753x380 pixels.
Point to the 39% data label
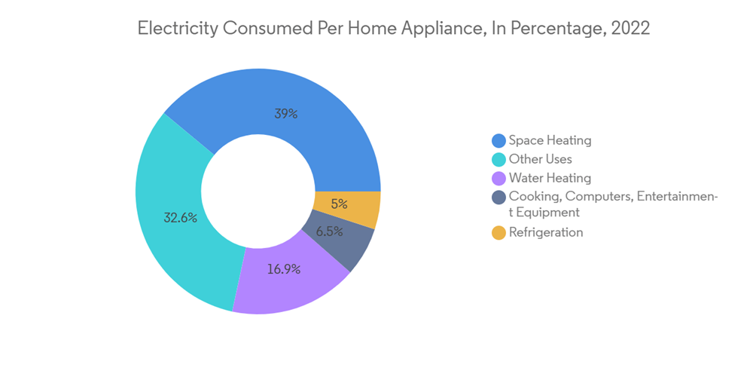click(x=285, y=114)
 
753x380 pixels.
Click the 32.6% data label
click(x=181, y=218)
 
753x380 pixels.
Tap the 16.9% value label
click(x=283, y=268)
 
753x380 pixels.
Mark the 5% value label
click(x=339, y=204)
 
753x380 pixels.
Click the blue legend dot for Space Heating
click(x=498, y=141)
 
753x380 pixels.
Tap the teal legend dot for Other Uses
click(x=498, y=160)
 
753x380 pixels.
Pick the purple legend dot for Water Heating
click(x=498, y=179)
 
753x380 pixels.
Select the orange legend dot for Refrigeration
click(x=498, y=233)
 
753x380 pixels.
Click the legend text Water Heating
click(x=550, y=179)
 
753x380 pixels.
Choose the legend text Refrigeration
click(x=546, y=233)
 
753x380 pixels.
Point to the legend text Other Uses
click(x=540, y=160)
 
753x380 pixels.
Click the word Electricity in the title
click(x=178, y=29)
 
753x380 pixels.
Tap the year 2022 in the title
click(x=630, y=29)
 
